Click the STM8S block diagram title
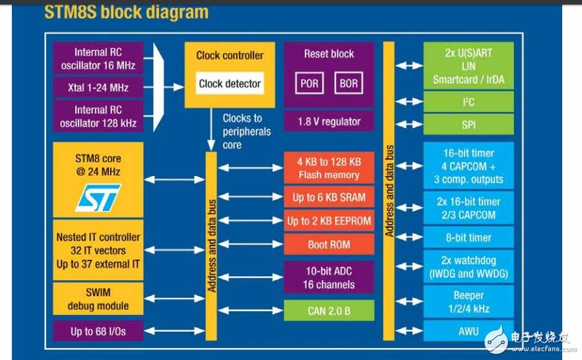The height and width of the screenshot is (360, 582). tap(125, 12)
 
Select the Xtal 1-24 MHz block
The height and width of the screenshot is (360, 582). tap(98, 88)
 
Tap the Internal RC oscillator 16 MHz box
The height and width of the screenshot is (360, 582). tap(98, 59)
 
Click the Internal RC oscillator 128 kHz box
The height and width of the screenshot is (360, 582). tap(98, 117)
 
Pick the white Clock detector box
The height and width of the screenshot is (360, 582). tap(230, 84)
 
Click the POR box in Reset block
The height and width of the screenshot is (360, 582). tap(309, 84)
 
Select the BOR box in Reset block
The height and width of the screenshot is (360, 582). tap(348, 84)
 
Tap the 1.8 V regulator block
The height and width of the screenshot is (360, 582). tap(329, 121)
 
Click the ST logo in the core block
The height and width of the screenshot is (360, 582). tap(98, 197)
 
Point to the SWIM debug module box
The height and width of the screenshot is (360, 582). tap(98, 299)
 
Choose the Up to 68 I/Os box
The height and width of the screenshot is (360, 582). tap(98, 331)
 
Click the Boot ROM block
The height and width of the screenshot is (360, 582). tap(329, 245)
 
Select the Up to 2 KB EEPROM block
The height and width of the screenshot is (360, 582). tap(329, 221)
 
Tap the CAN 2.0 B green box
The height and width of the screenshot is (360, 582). tap(329, 311)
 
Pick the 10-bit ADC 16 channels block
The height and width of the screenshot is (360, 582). tap(329, 278)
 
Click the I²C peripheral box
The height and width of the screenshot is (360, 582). tap(468, 102)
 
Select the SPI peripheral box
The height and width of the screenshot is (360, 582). tap(468, 124)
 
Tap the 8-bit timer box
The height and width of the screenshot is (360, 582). tap(468, 237)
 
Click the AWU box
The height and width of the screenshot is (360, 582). tap(468, 331)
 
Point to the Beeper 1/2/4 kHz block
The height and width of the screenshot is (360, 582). tap(468, 302)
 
